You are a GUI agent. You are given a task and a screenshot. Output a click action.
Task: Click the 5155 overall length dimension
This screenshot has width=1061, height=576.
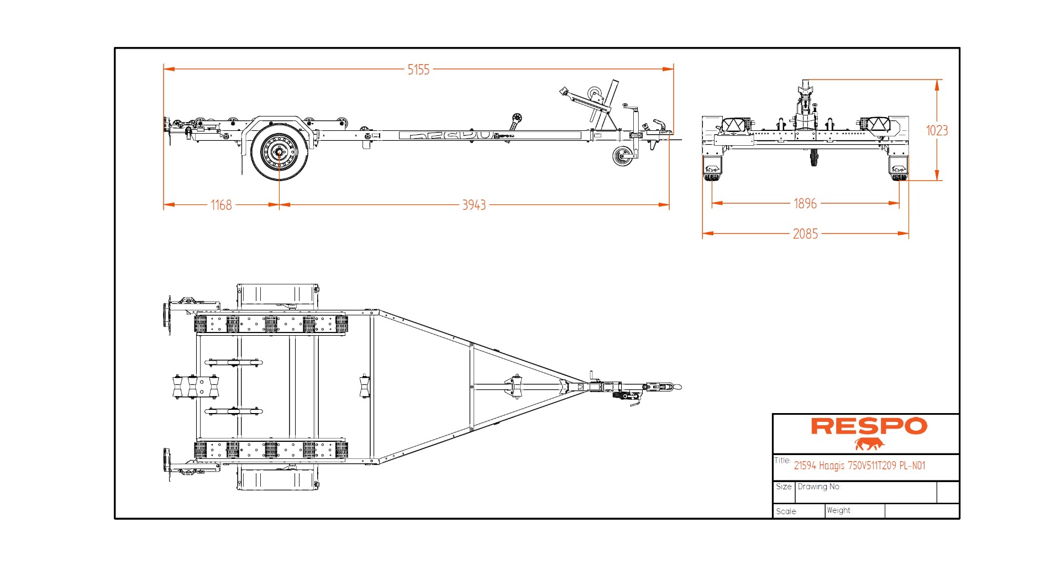[x=418, y=70]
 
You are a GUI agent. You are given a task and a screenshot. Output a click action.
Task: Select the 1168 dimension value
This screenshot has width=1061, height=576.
[x=221, y=205]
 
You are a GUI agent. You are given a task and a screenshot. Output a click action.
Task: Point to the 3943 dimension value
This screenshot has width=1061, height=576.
[x=474, y=205]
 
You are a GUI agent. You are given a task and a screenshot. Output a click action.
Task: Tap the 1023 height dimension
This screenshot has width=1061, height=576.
[x=937, y=130]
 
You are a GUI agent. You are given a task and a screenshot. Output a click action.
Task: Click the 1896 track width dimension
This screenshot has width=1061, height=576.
[x=805, y=203]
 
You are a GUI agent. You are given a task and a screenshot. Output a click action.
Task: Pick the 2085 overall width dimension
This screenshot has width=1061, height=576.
[x=805, y=234]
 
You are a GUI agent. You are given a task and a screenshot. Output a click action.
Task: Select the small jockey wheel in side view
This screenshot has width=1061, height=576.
[x=622, y=156]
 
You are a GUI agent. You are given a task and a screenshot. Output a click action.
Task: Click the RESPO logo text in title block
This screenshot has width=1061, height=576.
[x=869, y=426]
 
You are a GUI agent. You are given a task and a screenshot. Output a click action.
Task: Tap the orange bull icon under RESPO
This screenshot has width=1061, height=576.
[x=869, y=443]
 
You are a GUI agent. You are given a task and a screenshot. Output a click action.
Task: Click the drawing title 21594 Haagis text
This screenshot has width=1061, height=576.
[x=859, y=466]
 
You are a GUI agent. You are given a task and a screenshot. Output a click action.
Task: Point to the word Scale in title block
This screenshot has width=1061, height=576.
[x=786, y=511]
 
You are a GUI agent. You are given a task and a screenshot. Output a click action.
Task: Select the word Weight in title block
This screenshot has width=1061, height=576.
[x=838, y=510]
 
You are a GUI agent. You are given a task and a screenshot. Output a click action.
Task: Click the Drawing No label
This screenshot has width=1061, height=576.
[x=818, y=487]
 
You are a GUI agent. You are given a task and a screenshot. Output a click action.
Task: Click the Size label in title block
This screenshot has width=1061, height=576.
[x=783, y=487]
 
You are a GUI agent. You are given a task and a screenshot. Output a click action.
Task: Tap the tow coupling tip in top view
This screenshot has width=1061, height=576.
[x=679, y=387]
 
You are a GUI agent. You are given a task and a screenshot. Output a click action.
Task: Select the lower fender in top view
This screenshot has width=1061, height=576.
[x=278, y=479]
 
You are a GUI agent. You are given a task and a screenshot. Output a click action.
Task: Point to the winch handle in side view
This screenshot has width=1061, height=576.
[x=565, y=91]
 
